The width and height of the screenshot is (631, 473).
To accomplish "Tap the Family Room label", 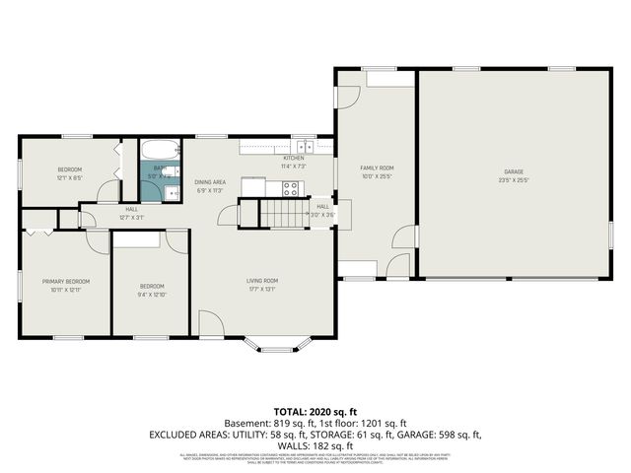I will click(x=376, y=169).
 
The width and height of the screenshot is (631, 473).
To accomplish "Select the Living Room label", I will click(x=262, y=281).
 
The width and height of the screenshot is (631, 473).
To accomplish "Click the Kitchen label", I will click(x=294, y=158).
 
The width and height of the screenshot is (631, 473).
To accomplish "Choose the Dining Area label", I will click(x=210, y=182).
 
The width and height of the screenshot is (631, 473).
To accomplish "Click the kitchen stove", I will click(x=290, y=190).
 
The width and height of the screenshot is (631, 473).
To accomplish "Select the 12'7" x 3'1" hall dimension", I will click(x=131, y=217).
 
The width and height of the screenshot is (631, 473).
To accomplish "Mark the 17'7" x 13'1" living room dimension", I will click(x=262, y=290).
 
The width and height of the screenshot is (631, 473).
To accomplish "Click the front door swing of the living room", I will click(x=211, y=322).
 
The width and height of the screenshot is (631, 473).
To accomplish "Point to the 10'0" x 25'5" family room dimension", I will click(x=376, y=177).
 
